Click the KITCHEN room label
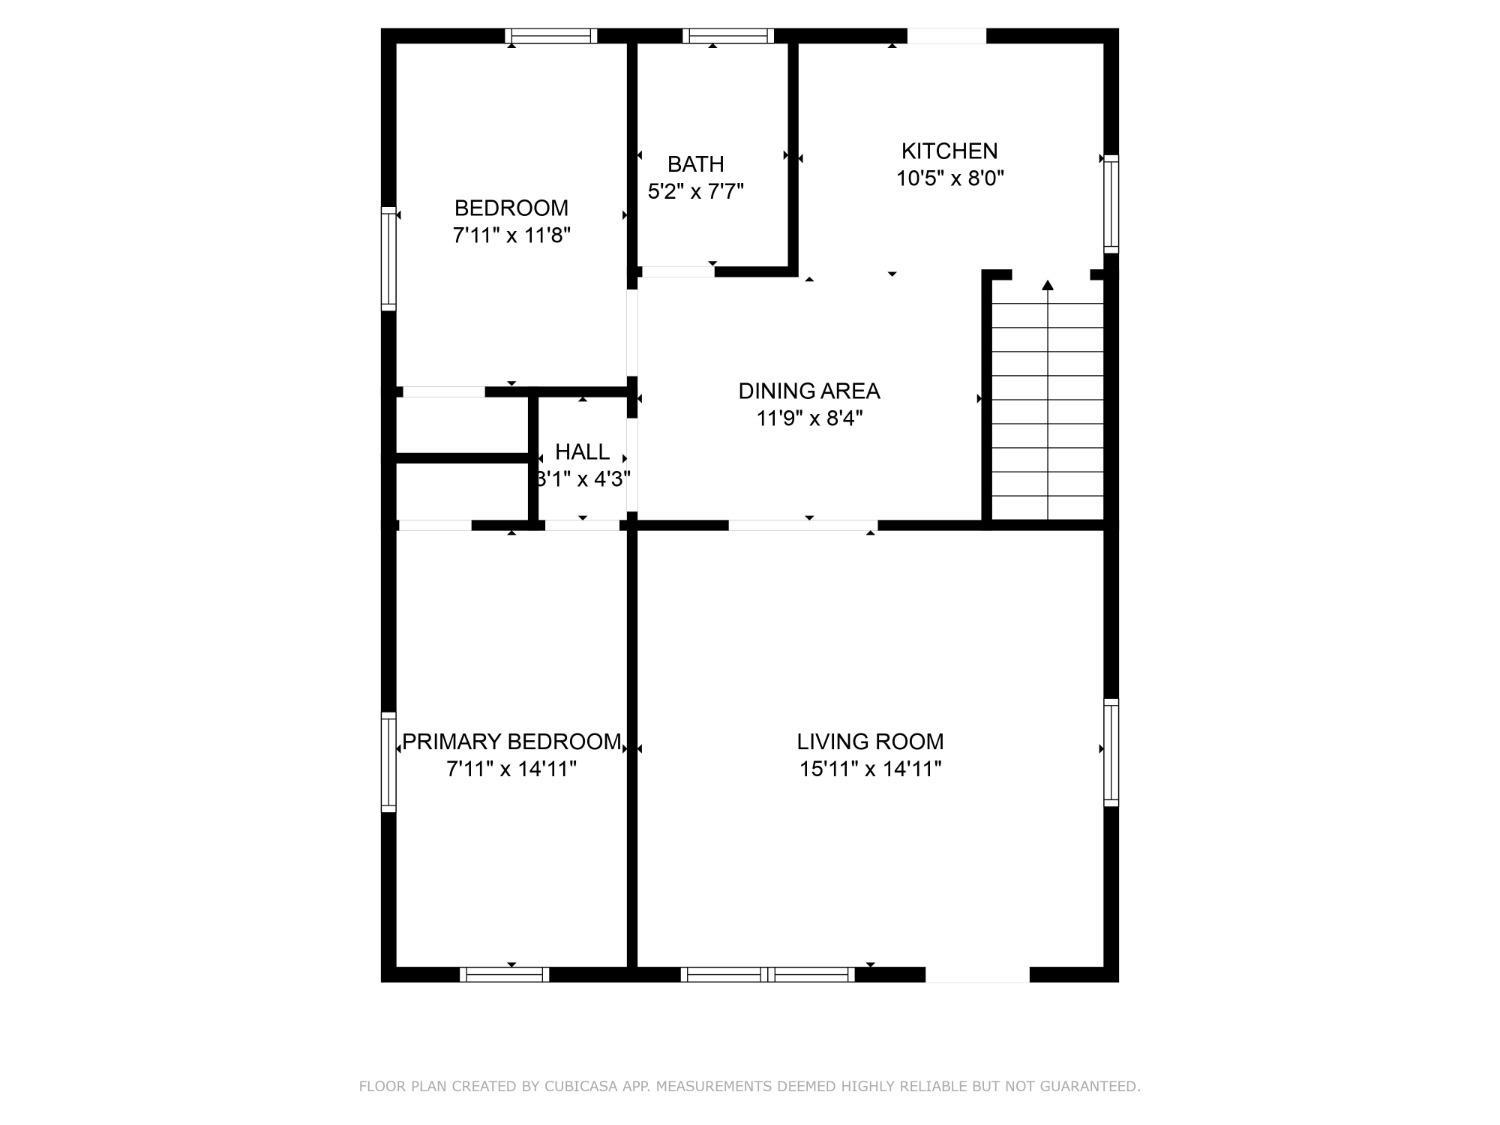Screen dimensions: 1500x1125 949,150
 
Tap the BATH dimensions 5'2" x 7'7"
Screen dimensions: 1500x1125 695,191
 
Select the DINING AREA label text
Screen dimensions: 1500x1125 809,391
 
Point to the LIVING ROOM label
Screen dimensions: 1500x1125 870,741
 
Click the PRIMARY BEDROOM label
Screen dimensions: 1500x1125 512,741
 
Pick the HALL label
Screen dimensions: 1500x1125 582,452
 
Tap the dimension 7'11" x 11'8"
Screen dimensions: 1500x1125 511,235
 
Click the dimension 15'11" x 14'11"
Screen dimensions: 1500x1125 870,769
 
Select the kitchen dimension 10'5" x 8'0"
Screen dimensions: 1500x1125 950,178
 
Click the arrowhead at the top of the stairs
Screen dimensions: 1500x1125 1048,285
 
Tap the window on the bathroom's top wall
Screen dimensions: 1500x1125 728,36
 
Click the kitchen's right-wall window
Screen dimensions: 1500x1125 1111,204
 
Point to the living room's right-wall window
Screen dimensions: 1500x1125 1111,752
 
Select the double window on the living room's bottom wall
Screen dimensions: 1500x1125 768,975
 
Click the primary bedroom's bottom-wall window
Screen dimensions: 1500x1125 504,975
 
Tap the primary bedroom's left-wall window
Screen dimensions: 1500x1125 388,762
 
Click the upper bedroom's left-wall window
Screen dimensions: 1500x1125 388,259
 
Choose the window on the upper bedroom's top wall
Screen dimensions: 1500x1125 551,36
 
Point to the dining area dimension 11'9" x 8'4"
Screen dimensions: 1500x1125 809,418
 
